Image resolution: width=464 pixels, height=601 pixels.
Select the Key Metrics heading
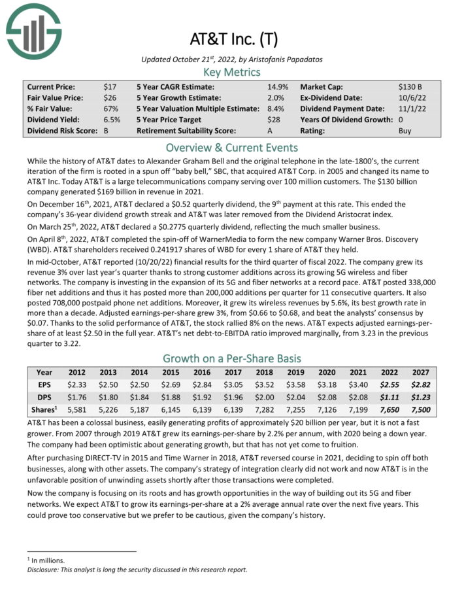232,73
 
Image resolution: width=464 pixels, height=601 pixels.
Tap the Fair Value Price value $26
110,97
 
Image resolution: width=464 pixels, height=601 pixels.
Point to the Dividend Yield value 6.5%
112,120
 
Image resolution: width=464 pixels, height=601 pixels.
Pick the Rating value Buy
405,131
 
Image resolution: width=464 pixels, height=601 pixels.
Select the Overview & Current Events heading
232,147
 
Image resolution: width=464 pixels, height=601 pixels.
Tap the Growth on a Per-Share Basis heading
232,358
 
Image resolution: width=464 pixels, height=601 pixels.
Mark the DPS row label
44,397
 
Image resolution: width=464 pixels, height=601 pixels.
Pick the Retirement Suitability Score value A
270,131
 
